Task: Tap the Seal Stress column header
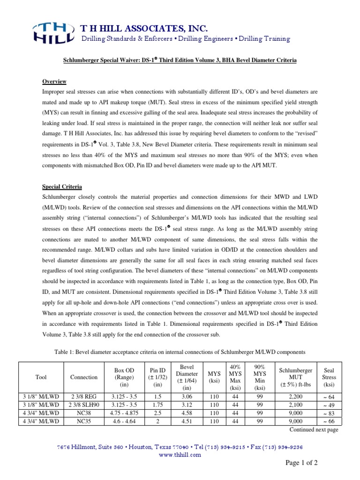[x=329, y=377]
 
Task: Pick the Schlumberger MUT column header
[x=295, y=377]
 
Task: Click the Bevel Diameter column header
[x=187, y=377]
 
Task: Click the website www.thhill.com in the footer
[x=180, y=454]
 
